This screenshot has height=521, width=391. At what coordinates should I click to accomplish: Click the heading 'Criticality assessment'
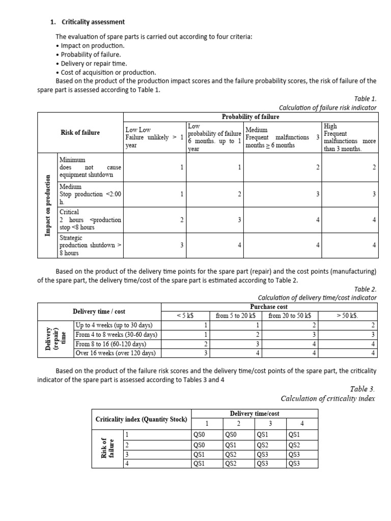coord(93,22)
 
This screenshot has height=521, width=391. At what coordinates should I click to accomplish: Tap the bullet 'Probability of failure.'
coord(88,54)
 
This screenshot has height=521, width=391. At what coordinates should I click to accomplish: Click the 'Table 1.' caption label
coord(365,99)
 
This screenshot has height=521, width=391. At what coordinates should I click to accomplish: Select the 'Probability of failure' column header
coord(250,117)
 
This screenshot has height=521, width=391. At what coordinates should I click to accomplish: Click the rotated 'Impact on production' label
coord(47,205)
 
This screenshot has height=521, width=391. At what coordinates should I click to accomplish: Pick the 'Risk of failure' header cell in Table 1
coord(80,133)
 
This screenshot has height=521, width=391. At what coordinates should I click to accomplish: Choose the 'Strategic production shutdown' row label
coord(90,245)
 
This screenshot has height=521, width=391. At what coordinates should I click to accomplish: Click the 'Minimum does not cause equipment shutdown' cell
coord(90,167)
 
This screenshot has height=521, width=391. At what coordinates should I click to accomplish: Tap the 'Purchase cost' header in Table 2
coord(269,307)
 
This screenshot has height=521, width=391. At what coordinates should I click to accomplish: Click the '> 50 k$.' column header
coord(348,315)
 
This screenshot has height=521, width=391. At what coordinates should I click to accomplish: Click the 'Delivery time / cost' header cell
coord(99,311)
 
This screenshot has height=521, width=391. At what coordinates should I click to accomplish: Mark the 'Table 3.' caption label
coord(363,389)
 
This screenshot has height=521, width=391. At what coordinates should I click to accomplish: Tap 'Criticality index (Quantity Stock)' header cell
coord(141,419)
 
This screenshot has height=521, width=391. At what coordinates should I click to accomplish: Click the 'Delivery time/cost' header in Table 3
coord(255,414)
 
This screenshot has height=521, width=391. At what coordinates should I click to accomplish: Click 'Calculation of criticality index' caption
coord(327,398)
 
